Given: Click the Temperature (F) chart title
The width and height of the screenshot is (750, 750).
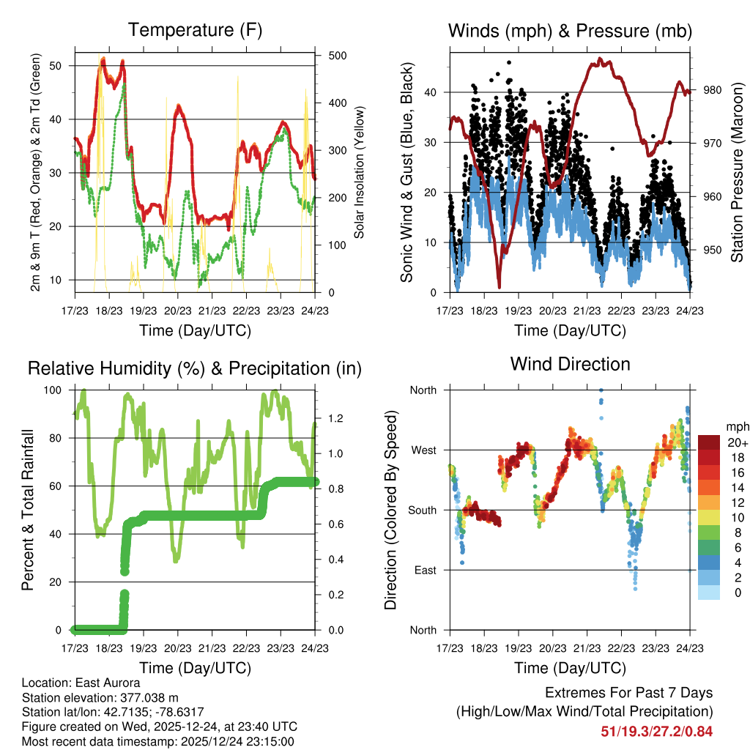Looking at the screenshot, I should click(195, 31).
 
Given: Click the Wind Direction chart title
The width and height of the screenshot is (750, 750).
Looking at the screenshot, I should click(570, 364).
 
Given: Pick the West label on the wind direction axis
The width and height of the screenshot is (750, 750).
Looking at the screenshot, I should click(423, 450).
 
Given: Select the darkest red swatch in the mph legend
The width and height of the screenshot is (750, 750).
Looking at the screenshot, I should click(710, 442).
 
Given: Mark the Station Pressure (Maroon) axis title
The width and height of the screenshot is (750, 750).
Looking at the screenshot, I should click(737, 173).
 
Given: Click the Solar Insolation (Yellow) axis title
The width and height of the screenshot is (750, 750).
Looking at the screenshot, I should click(359, 173).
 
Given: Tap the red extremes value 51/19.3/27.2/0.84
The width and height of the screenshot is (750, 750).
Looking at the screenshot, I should click(656, 732).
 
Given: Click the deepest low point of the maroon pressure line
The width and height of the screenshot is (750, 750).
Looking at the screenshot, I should click(500, 287).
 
